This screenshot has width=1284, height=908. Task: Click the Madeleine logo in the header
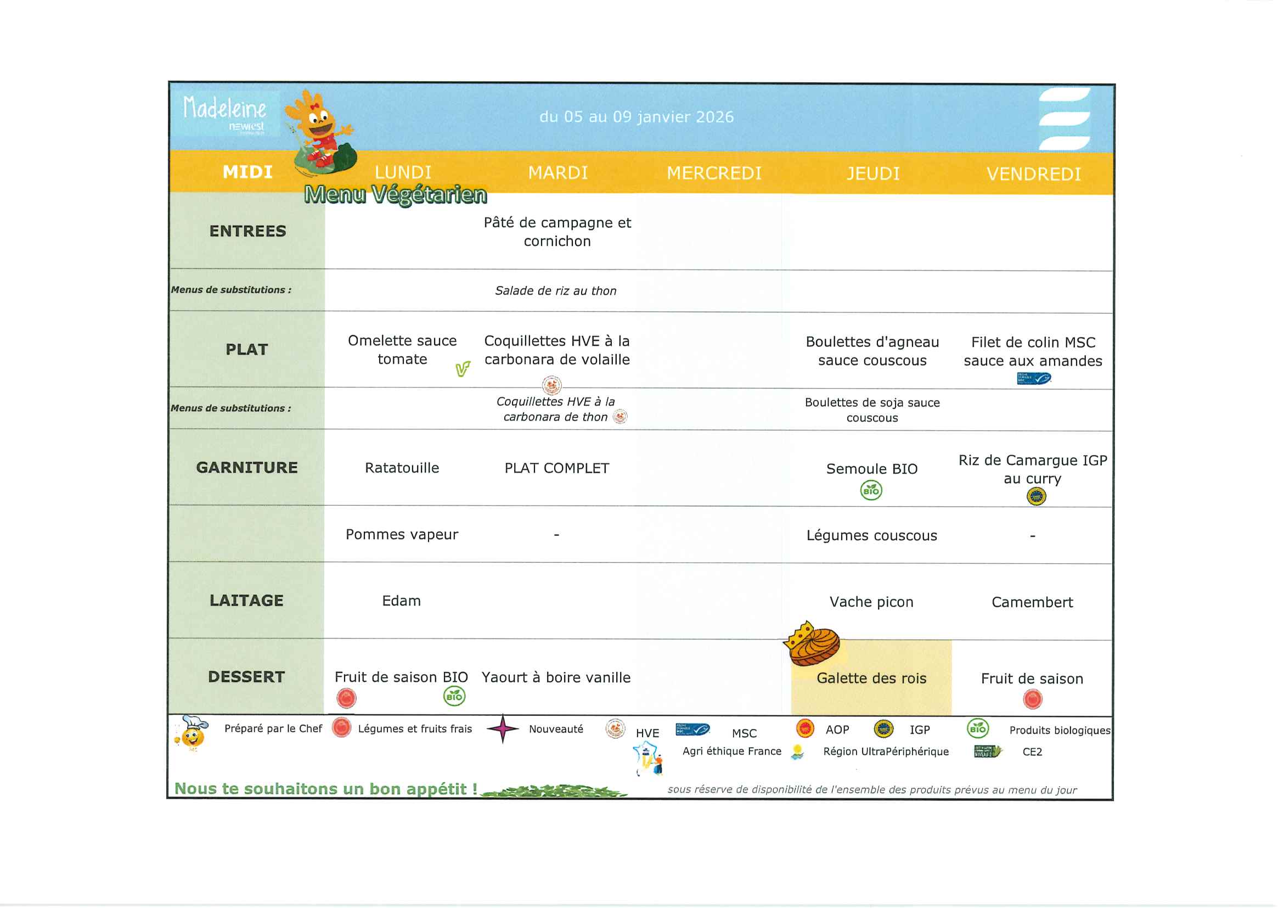224,114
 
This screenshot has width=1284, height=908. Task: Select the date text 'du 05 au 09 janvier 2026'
637,117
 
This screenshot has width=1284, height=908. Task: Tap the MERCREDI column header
714,173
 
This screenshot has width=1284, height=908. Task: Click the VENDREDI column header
1033,175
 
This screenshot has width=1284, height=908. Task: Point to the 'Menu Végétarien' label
396,195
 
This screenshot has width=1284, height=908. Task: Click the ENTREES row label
247,231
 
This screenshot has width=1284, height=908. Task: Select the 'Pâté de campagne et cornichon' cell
557,232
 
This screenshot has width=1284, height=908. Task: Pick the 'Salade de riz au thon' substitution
555,291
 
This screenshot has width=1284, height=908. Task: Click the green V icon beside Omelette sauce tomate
463,369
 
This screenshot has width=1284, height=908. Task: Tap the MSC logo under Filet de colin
1033,379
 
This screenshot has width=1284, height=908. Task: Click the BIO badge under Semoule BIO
871,491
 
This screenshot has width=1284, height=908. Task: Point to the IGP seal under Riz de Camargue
1037,496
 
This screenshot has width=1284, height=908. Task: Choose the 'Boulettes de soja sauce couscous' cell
872,410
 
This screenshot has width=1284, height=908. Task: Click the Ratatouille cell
402,468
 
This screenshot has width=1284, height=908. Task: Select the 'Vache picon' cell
871,602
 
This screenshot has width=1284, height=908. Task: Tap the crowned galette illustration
812,644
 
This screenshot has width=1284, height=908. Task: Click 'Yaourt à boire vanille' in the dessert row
556,677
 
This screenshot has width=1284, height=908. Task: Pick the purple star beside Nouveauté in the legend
503,728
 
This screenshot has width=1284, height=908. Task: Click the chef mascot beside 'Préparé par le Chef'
192,733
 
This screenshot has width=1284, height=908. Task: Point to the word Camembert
1032,603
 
